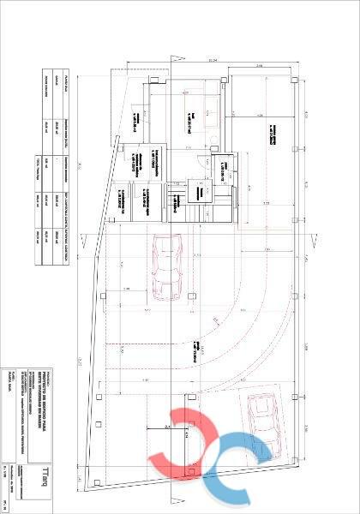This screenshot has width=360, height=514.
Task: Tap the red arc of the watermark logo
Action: [x=189, y=445]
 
